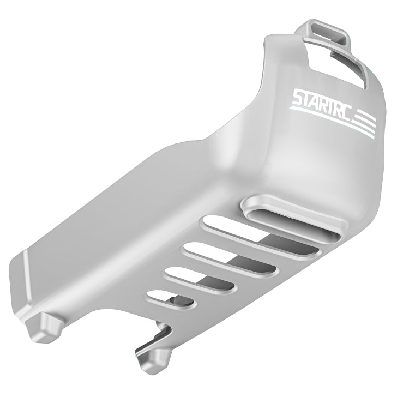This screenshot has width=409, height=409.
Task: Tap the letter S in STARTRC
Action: point(299,100)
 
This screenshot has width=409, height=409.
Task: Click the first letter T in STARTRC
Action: point(309,100)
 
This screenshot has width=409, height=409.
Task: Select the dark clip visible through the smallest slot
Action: point(175,300)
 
